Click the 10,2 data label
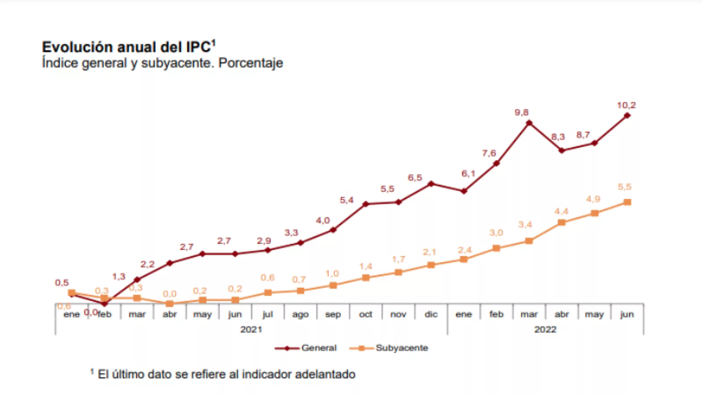click(626, 106)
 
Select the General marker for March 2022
click(529, 123)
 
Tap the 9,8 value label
click(522, 113)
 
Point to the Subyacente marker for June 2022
click(627, 202)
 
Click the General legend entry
click(319, 348)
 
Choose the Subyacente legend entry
click(402, 348)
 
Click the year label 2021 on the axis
click(251, 330)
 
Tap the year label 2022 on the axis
click(545, 330)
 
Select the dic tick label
click(431, 314)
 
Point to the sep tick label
click(333, 314)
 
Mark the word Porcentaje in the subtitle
click(250, 63)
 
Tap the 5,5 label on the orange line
click(624, 187)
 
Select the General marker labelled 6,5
click(431, 183)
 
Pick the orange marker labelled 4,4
click(562, 223)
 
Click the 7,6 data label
click(489, 153)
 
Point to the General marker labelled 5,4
click(366, 204)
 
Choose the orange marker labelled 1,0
click(333, 286)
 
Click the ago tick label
click(301, 314)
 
